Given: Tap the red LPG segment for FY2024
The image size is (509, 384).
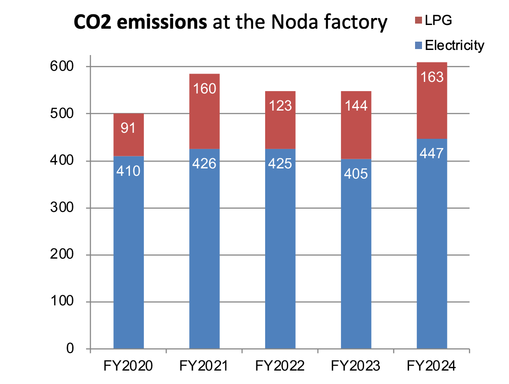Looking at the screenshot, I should click(x=432, y=106).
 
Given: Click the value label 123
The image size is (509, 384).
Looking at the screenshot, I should click(x=280, y=105).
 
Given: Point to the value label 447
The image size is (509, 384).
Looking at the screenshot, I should click(x=432, y=153).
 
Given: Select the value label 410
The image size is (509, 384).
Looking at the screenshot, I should click(x=128, y=172).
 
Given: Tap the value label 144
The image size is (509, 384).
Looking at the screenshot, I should click(x=356, y=105).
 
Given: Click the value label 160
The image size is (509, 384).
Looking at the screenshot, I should click(x=204, y=88).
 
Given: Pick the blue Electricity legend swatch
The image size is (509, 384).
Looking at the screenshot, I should click(x=419, y=45).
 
